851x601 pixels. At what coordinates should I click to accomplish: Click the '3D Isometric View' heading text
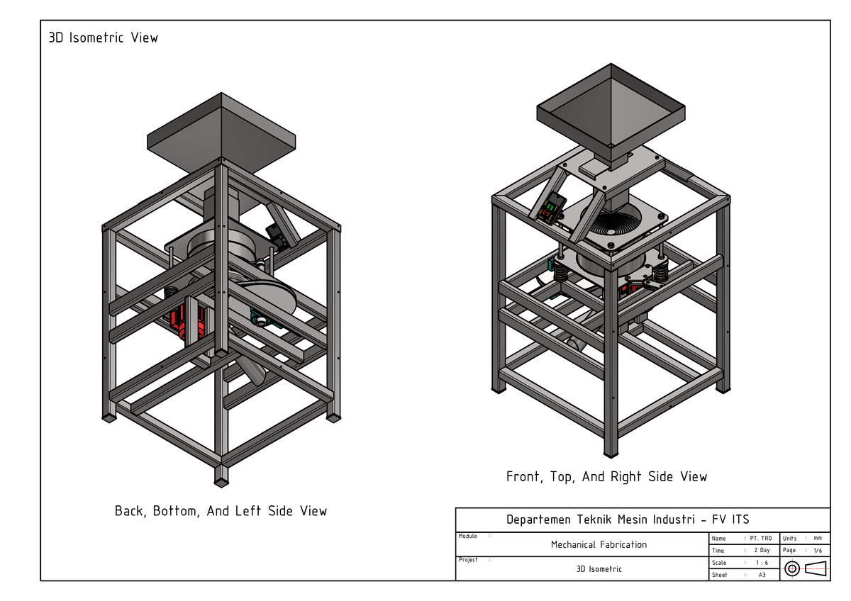click(103, 38)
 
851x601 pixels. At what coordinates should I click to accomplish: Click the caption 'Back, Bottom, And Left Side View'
click(221, 510)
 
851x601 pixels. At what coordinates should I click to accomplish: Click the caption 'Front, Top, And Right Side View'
click(606, 476)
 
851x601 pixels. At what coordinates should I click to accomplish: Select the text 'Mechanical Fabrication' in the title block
click(599, 544)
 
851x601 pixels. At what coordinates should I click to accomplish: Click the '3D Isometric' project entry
click(599, 568)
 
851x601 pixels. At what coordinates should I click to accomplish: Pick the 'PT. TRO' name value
click(761, 539)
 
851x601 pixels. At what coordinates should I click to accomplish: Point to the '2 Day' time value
click(761, 550)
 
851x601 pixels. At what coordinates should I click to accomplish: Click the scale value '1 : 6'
click(761, 562)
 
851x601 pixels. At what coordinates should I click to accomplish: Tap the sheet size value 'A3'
click(762, 575)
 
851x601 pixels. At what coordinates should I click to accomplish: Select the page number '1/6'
click(818, 550)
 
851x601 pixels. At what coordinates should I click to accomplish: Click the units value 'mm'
click(818, 539)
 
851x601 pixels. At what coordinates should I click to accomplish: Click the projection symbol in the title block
click(805, 568)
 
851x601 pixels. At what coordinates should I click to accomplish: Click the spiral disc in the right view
click(614, 223)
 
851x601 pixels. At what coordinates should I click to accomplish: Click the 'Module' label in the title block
click(468, 537)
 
